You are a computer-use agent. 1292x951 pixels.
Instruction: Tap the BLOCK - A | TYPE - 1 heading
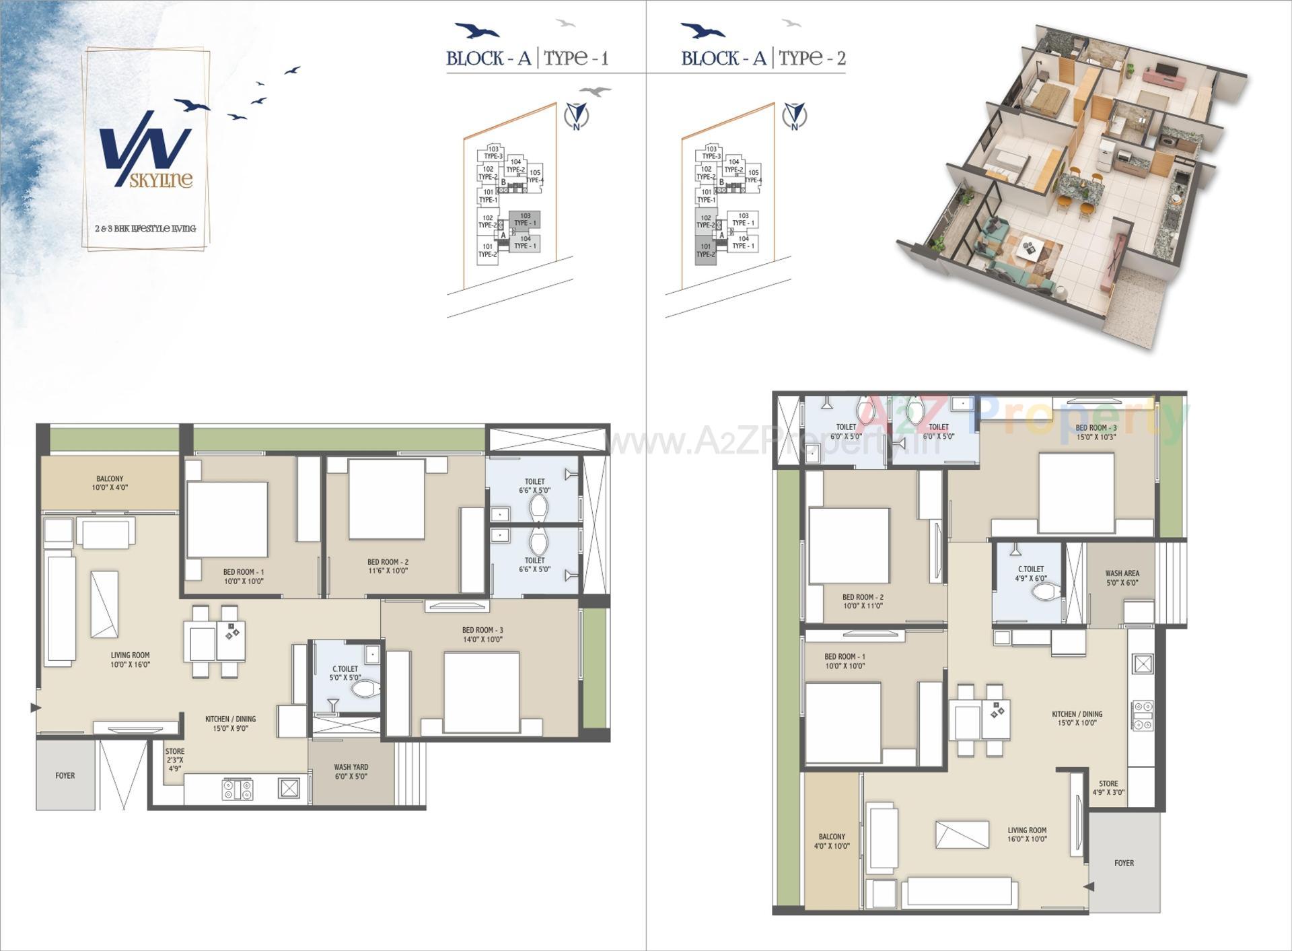pyautogui.click(x=528, y=58)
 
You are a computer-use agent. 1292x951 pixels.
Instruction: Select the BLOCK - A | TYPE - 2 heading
pyautogui.click(x=763, y=58)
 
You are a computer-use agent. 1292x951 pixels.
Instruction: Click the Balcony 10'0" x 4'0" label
pyautogui.click(x=110, y=483)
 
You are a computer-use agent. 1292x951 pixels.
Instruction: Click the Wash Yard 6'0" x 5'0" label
pyautogui.click(x=351, y=771)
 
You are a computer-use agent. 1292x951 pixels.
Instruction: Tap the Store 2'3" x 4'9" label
pyautogui.click(x=175, y=759)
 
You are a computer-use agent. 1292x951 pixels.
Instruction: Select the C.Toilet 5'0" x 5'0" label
pyautogui.click(x=345, y=673)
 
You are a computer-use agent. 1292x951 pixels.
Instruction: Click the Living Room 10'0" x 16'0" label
pyautogui.click(x=131, y=660)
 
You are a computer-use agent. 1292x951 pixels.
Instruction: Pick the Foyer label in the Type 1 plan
pyautogui.click(x=65, y=775)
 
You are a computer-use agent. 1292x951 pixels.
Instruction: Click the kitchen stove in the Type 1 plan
pyautogui.click(x=238, y=789)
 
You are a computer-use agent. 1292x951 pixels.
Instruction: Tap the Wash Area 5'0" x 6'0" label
pyautogui.click(x=1122, y=578)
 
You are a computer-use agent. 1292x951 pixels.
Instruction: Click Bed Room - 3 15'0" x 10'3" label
pyautogui.click(x=1096, y=432)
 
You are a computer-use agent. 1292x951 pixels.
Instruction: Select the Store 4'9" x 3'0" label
pyautogui.click(x=1108, y=788)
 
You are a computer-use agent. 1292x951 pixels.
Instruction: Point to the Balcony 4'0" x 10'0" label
pyautogui.click(x=832, y=841)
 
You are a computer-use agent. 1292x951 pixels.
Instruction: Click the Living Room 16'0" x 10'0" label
pyautogui.click(x=1027, y=835)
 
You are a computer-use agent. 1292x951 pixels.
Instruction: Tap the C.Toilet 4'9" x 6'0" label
pyautogui.click(x=1031, y=573)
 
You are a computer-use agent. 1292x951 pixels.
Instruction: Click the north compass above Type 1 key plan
pyautogui.click(x=577, y=116)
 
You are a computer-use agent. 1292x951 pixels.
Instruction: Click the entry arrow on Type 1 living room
pyautogui.click(x=35, y=707)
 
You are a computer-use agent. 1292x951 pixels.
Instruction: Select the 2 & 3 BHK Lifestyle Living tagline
pyautogui.click(x=145, y=229)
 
